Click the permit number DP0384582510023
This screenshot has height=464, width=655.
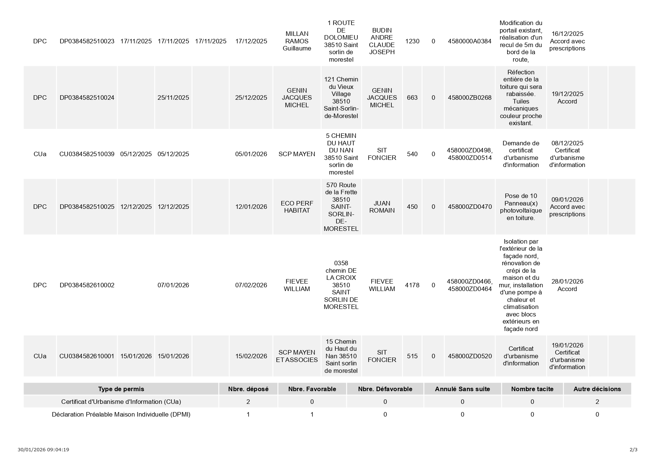87,41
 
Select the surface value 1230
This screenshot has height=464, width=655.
412,41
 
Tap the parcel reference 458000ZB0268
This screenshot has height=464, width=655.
469,98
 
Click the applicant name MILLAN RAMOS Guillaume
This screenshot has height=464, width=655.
297,41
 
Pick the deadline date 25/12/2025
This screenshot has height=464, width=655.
251,98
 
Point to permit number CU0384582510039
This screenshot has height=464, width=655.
87,154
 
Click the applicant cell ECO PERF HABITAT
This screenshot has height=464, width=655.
297,207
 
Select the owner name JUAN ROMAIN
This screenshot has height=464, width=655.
382,207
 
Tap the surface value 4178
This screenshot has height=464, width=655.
412,285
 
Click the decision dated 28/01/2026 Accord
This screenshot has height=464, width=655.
567,285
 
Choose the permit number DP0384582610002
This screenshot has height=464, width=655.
87,285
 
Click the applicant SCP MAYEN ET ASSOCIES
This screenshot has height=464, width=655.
297,356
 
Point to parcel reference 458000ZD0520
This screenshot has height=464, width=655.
469,356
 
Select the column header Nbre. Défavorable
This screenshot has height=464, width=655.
385,389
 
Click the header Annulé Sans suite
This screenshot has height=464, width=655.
462,389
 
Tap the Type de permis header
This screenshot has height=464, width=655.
121,389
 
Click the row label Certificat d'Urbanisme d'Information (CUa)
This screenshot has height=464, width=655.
121,402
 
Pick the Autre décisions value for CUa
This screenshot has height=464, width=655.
597,402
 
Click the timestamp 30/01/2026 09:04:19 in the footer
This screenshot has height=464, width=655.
43,449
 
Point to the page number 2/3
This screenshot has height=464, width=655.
633,449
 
